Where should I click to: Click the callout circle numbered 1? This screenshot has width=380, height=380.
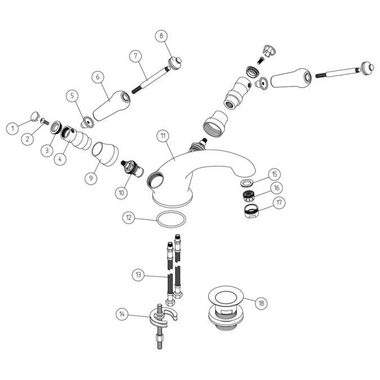tap(12, 128)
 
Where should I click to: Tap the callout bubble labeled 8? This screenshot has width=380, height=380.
tap(162, 36)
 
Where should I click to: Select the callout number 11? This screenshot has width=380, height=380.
tap(163, 136)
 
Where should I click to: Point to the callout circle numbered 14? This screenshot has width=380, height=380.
tap(122, 314)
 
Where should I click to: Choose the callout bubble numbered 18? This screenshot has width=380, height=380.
tap(261, 303)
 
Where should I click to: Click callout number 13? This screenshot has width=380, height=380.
tap(138, 275)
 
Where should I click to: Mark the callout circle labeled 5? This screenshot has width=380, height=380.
tap(73, 96)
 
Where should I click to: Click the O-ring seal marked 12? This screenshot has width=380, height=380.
tap(172, 220)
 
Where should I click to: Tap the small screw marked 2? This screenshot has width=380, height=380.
tap(44, 121)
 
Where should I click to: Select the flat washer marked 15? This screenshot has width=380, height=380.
tap(247, 183)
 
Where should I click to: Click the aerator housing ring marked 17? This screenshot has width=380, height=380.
tap(252, 211)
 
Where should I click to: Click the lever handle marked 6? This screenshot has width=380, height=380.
tap(111, 106)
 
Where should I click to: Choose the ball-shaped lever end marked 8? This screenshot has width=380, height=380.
tap(175, 62)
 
